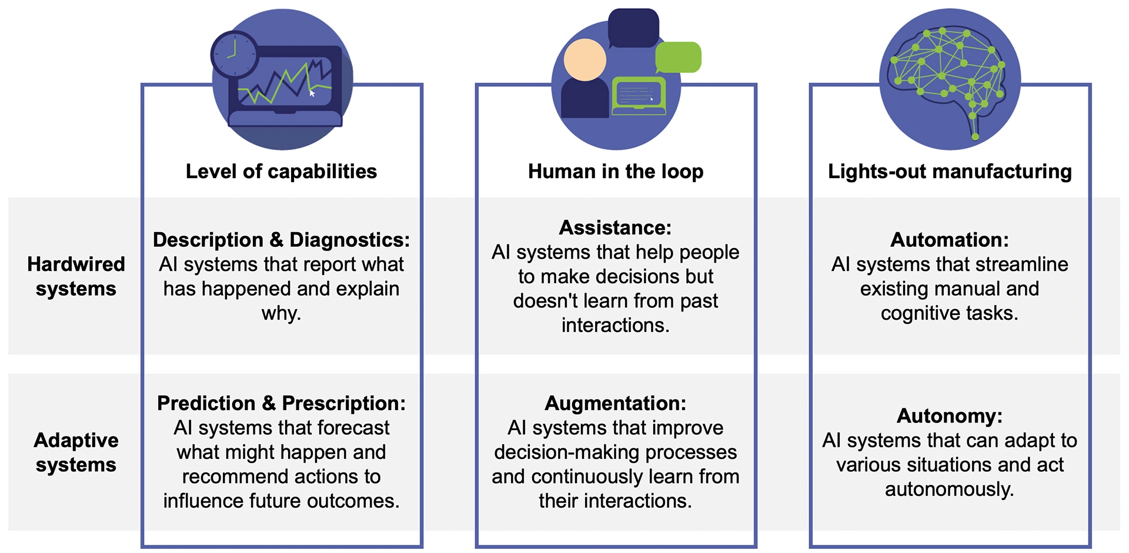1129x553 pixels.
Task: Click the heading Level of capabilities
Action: [x=281, y=172]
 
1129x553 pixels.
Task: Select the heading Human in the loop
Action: [x=615, y=172]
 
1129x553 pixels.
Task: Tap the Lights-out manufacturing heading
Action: [x=949, y=172]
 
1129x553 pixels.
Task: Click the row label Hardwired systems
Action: [x=76, y=276]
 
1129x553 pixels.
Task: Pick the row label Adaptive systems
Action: [x=76, y=452]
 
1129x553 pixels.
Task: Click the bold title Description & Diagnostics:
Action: [x=281, y=240]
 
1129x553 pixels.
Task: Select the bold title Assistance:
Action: [x=615, y=227]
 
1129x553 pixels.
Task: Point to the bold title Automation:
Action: [x=949, y=240]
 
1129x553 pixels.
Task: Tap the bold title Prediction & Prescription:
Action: [x=281, y=403]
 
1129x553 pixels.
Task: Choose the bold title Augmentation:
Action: [x=615, y=403]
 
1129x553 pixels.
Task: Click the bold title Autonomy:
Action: [x=949, y=415]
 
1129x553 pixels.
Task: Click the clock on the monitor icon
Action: [x=234, y=55]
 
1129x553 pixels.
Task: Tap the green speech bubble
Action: [x=678, y=57]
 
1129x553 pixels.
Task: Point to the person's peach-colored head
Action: [x=584, y=60]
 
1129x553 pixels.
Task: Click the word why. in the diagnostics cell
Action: [x=281, y=313]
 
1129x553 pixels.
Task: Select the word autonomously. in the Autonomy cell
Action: [x=949, y=489]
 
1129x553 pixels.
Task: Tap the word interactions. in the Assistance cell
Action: [x=615, y=325]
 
